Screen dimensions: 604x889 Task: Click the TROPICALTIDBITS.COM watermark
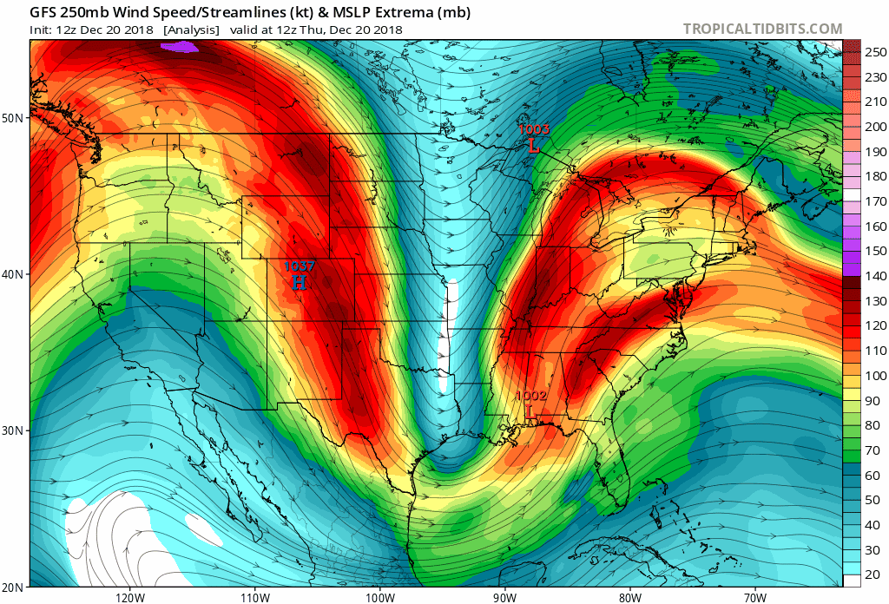762,29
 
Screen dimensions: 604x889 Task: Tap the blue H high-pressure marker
299,282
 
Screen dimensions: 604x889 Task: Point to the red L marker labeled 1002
529,410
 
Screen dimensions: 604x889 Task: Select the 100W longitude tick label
379,598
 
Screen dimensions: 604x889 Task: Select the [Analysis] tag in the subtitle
190,30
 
